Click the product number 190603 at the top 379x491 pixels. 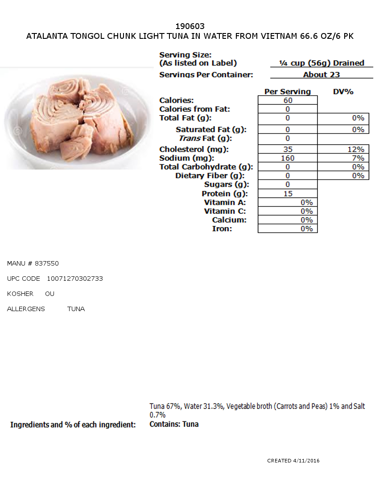click(x=190, y=26)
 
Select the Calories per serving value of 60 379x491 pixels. click(x=288, y=100)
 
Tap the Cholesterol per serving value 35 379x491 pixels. click(x=288, y=150)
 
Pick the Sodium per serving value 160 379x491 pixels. click(x=288, y=158)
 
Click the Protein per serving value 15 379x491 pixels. click(x=288, y=194)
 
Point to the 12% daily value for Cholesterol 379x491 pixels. click(x=356, y=150)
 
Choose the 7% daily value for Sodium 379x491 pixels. click(x=358, y=158)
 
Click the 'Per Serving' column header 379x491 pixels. click(x=288, y=92)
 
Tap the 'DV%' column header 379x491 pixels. click(x=343, y=92)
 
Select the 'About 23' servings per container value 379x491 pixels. click(x=321, y=75)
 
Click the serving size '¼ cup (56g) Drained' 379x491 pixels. click(x=321, y=63)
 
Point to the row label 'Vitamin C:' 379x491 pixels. click(x=225, y=211)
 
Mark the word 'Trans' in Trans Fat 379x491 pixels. click(x=189, y=138)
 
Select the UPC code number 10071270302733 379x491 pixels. click(x=75, y=279)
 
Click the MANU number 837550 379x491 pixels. click(x=47, y=263)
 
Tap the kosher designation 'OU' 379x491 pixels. click(x=49, y=294)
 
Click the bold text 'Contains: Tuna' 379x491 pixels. click(x=174, y=424)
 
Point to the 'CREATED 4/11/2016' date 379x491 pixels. click(x=293, y=461)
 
